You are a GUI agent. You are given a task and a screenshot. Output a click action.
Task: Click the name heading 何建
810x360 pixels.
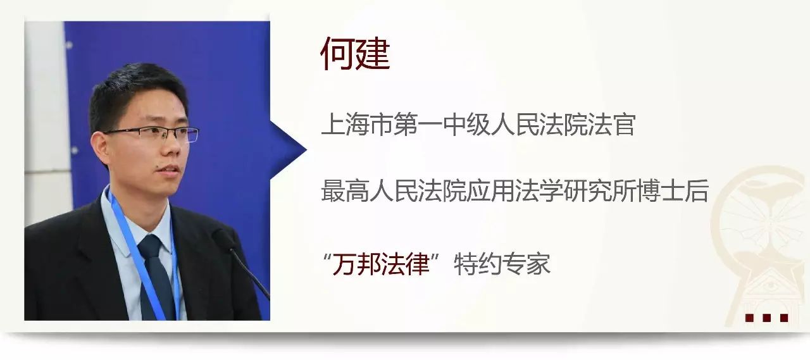[x=355, y=54]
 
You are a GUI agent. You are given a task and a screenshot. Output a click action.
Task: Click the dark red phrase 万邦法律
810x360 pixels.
[x=381, y=264]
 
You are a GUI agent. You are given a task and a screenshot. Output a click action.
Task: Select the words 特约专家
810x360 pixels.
[x=502, y=264]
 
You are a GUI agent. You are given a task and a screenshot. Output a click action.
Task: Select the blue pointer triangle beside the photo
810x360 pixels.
[x=288, y=150]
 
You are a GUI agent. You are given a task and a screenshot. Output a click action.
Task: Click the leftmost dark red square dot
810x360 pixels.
[x=749, y=318]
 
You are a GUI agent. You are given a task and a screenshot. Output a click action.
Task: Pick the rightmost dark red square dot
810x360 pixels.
[x=784, y=318]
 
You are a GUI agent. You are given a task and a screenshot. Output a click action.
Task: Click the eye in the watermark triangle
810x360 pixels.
[x=771, y=287]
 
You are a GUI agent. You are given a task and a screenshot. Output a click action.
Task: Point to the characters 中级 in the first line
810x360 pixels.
[x=466, y=125]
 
